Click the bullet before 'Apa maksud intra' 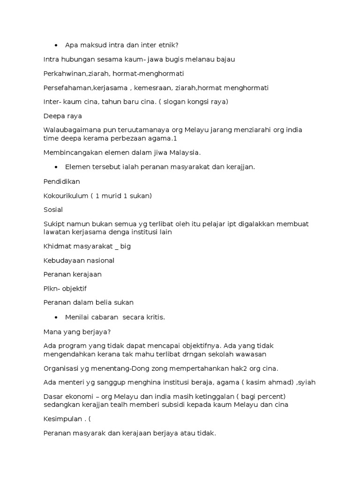coord(56,45)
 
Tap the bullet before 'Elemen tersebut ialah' coord(56,167)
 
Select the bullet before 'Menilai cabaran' coord(56,317)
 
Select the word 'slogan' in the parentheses coord(176,102)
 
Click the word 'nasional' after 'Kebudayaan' coord(98,260)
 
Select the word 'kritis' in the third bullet coord(154,317)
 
